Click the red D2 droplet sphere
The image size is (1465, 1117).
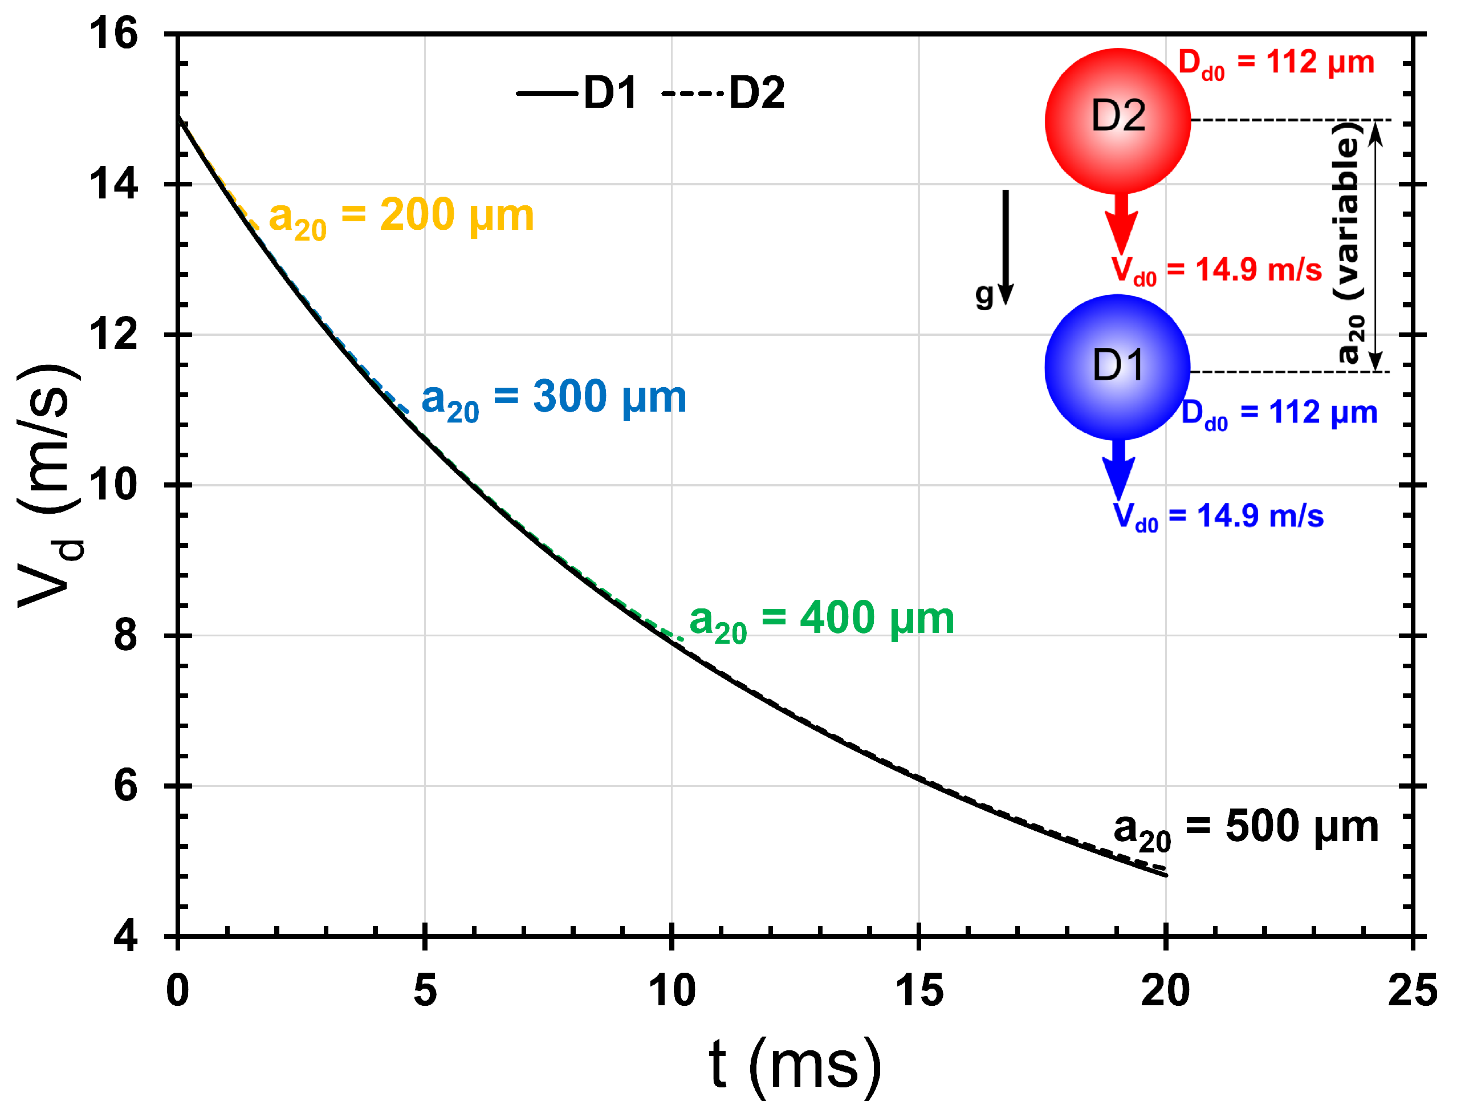click(x=1118, y=121)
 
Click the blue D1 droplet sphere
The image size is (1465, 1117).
click(x=1118, y=367)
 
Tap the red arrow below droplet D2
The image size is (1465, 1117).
click(x=1121, y=223)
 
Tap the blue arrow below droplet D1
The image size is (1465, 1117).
click(x=1120, y=469)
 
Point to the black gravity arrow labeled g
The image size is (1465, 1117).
click(x=1006, y=246)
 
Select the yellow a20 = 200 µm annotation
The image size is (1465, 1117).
click(x=401, y=217)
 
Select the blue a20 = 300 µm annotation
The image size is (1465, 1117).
click(x=554, y=399)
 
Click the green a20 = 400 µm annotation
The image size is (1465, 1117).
click(x=821, y=620)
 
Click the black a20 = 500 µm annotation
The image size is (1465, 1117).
click(x=1246, y=828)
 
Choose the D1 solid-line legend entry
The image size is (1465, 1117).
click(x=577, y=92)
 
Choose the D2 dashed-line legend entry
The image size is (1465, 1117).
click(x=724, y=92)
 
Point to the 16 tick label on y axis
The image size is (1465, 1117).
click(x=115, y=33)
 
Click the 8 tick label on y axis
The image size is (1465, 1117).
click(x=125, y=636)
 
